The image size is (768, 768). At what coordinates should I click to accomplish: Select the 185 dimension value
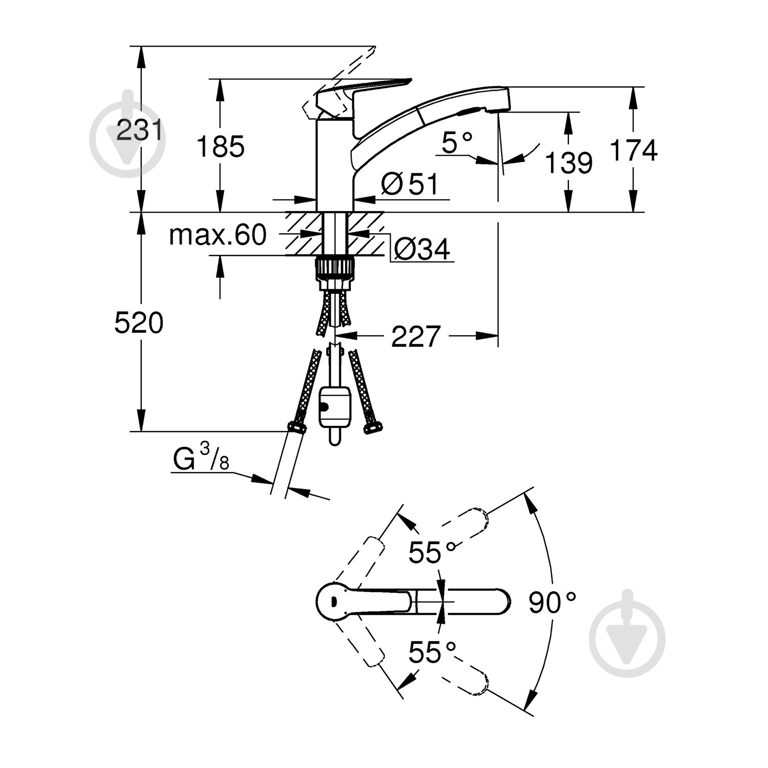click(221, 147)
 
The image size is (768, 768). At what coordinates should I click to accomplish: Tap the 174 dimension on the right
click(633, 150)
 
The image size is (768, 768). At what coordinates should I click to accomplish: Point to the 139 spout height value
click(568, 163)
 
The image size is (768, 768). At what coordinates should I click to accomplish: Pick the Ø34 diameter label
click(422, 249)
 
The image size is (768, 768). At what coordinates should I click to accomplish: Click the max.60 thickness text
click(218, 235)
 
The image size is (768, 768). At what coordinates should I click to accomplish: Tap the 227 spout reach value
click(416, 336)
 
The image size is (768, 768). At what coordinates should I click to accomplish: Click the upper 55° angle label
click(431, 552)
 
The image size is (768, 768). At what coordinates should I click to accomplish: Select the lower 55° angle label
click(431, 652)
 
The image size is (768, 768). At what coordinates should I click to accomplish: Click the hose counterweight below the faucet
click(335, 407)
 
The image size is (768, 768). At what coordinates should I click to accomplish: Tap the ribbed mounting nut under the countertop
click(335, 267)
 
